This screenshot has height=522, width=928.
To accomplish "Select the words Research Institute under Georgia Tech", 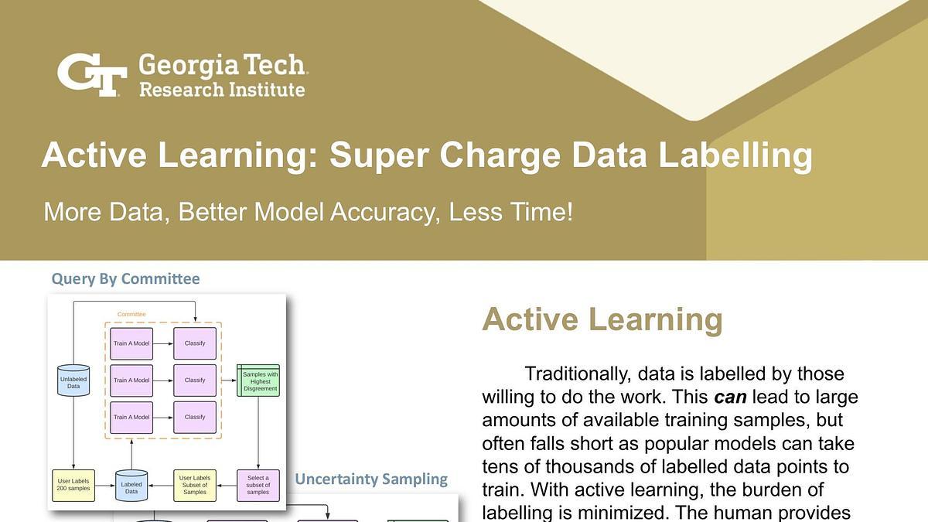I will pos(222,90).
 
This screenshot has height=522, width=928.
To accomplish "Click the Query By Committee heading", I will pos(125,279).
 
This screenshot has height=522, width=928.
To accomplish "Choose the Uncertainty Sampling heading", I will pos(371,479).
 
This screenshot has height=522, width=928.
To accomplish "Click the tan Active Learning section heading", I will pos(602,319).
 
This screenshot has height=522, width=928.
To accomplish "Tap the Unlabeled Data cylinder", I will pos(73,381).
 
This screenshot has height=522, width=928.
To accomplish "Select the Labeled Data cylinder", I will pos(131,486).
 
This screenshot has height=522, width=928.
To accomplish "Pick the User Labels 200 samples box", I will pos(73,486).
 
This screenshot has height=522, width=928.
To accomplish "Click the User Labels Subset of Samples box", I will pos(194,486).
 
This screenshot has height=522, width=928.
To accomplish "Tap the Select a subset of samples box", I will pos(258,486).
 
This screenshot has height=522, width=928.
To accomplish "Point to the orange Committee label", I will pos(131,314).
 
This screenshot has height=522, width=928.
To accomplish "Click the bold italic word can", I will pos(729,397).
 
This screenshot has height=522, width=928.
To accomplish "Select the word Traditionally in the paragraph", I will pos(578,374).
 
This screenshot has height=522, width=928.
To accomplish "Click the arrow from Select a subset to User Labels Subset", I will pos(227,486).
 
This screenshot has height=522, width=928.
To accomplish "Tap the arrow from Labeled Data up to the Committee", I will pos(131,452).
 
